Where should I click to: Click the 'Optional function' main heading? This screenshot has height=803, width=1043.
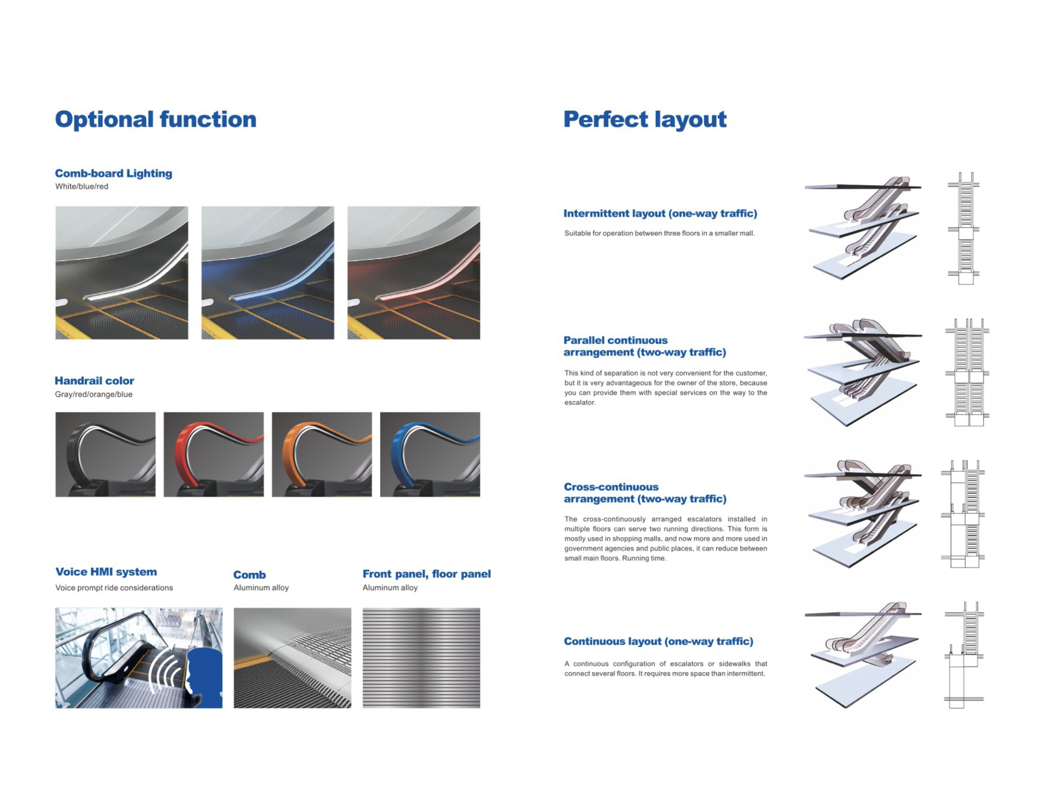tap(156, 119)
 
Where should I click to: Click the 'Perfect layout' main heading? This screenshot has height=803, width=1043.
tap(645, 119)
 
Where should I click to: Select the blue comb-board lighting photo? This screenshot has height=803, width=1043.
tap(268, 272)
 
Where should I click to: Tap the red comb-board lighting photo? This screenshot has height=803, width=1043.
tap(413, 272)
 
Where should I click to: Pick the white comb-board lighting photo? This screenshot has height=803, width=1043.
tap(122, 272)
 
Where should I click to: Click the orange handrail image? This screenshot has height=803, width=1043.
tap(322, 455)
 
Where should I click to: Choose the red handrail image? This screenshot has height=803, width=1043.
tap(213, 455)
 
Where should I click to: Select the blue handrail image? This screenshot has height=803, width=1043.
tap(430, 455)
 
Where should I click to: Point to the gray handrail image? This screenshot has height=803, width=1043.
tap(105, 455)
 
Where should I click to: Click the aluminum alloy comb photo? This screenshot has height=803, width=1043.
tap(292, 658)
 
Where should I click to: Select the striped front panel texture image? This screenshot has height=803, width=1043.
tap(421, 658)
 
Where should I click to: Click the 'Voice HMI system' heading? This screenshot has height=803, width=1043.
tap(106, 572)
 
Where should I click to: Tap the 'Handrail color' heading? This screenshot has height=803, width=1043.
tap(95, 381)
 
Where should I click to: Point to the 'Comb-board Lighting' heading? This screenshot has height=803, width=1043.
tap(113, 173)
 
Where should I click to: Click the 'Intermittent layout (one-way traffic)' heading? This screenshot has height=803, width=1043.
tap(660, 213)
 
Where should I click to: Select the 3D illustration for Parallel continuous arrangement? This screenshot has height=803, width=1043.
tap(862, 372)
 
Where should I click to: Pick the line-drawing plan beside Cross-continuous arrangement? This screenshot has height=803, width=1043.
tap(963, 514)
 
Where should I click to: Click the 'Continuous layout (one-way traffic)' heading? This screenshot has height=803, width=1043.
tap(659, 641)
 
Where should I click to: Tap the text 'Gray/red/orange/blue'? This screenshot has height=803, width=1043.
tap(94, 394)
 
